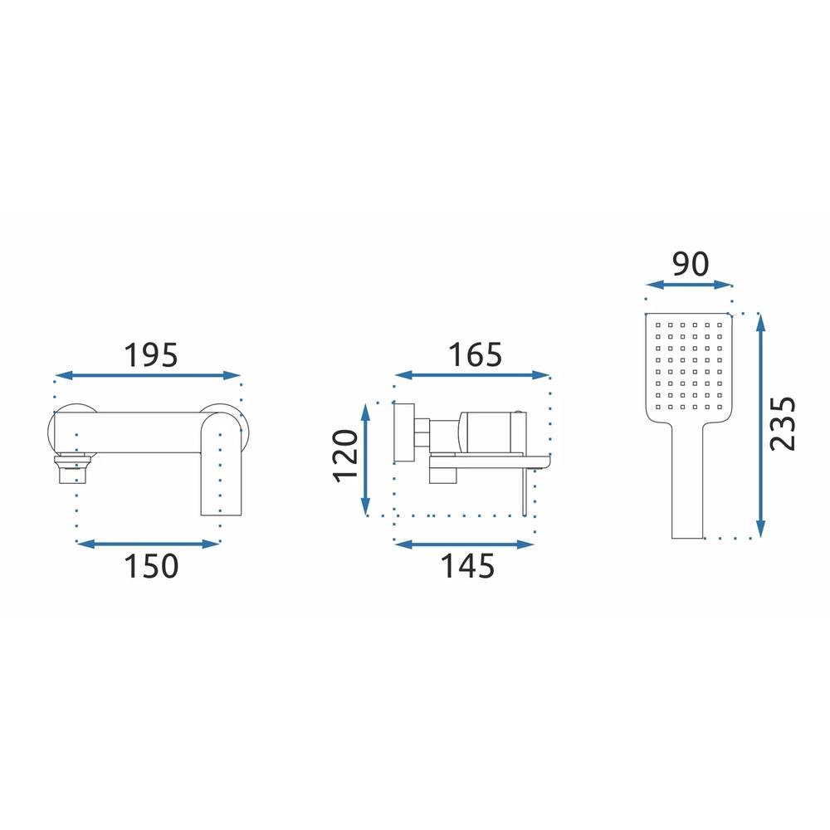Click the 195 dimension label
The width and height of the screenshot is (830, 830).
coord(151,355)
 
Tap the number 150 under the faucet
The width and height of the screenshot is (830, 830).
coord(151,566)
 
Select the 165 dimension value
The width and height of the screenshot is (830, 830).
coord(475,354)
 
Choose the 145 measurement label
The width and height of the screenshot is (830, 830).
coord(467,566)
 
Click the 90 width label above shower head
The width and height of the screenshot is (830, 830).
coord(690,264)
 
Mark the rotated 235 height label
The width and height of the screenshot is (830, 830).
coord(783,423)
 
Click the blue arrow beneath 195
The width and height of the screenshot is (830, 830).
coord(148,376)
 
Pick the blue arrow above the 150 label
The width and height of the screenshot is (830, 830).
coord(148,544)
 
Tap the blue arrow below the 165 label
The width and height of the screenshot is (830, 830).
coord(472,375)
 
